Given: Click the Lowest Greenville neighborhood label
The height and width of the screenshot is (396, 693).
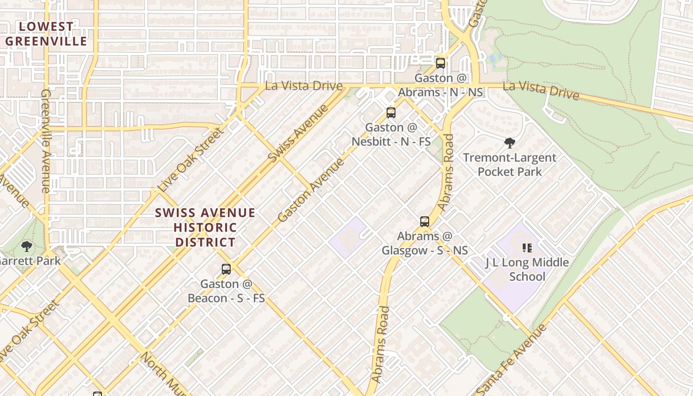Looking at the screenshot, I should [46, 34].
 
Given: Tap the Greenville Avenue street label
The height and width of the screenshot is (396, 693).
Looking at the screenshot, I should [46, 141].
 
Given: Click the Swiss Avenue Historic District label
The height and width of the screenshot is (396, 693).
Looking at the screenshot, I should [205, 228].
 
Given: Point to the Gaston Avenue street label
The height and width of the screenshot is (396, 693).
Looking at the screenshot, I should [311, 191].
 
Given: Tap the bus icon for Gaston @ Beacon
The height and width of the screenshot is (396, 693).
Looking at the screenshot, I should [226, 269].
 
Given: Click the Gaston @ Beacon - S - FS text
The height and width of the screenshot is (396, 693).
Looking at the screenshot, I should [226, 291].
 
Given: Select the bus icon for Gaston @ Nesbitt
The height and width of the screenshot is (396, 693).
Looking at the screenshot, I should [391, 113].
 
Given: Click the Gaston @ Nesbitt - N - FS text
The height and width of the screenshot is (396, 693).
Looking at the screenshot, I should [391, 135].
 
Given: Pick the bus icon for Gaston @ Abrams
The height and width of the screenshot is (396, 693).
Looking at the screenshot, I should [441, 63].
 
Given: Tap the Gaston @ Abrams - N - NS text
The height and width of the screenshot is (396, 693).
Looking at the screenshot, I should [441, 85].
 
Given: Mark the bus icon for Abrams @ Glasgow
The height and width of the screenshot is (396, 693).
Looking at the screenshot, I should [425, 221].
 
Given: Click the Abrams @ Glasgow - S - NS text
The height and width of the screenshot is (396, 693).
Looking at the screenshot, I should [425, 243].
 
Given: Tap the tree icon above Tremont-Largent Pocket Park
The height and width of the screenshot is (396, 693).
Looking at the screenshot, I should [510, 144].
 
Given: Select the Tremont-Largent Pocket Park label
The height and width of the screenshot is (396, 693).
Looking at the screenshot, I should [510, 165].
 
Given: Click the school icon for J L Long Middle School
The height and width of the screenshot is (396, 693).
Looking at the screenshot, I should [527, 247].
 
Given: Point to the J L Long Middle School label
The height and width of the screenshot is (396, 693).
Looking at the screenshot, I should [527, 269].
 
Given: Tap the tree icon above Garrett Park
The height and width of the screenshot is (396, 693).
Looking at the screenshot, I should [27, 246].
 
